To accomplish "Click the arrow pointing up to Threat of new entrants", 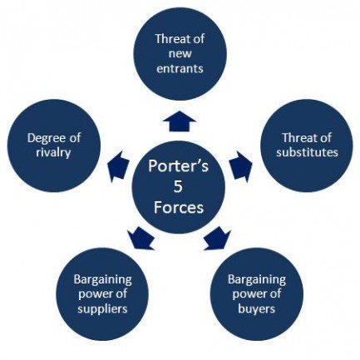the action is [180, 121].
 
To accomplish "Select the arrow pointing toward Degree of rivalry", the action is [117, 166].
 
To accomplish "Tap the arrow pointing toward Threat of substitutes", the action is [241, 166].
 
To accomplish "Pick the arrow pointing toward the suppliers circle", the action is [141, 238].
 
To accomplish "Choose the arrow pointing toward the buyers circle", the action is [218, 238].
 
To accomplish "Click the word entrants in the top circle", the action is [180, 68].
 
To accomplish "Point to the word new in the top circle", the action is [180, 53].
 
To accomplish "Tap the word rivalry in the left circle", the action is [53, 153].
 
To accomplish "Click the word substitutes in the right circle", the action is [307, 152].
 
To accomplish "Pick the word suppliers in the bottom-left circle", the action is [102, 309].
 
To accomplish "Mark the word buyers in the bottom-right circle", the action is [257, 308].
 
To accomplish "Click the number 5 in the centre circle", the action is [178, 187].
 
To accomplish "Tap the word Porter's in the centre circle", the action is [178, 166].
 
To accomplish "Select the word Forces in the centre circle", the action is [179, 208].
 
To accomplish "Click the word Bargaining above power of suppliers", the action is [102, 280].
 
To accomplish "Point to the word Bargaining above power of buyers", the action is [257, 280].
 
